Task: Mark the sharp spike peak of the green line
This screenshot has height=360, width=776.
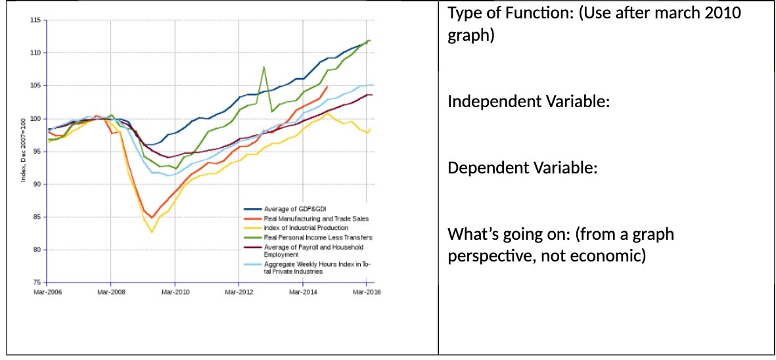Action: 263,67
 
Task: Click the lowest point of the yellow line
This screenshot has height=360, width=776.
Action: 152,232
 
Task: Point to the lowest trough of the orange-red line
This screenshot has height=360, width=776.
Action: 152,217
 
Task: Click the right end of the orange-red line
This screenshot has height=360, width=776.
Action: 327,86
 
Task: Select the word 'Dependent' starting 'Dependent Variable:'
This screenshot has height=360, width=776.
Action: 480,168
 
